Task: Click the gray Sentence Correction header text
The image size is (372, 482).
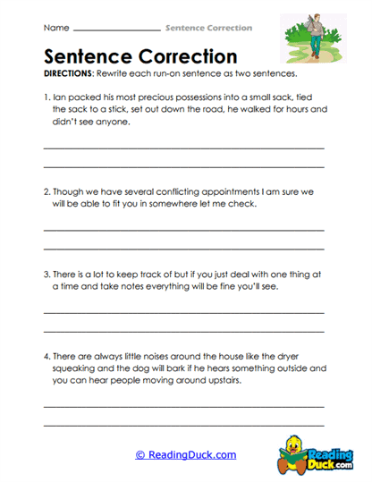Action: coord(208,29)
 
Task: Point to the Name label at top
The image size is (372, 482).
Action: coord(55,29)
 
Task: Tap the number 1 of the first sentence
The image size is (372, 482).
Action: coord(46,97)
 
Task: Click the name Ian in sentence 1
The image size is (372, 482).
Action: coord(60,97)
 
